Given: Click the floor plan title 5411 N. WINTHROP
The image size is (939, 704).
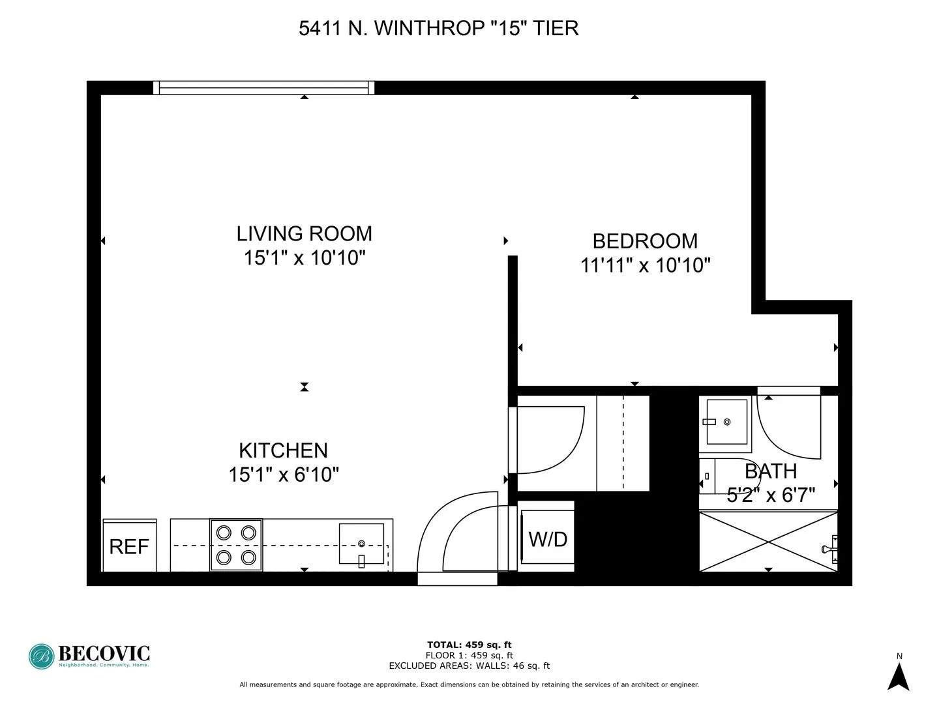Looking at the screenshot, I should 438,28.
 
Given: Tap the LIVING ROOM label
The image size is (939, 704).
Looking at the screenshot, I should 304,233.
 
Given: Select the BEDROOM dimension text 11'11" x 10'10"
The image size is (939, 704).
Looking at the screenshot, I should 645,265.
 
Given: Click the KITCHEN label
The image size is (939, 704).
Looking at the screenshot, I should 283,450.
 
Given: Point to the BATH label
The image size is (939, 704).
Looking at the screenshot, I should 771,471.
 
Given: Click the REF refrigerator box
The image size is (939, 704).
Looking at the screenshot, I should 129,546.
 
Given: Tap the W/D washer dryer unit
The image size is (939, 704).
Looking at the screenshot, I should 547,538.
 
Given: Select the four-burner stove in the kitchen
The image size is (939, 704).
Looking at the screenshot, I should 236,545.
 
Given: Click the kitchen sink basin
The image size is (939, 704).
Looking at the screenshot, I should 361,543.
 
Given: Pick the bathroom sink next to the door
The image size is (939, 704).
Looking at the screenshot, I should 726,422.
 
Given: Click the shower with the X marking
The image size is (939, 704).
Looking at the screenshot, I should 768,541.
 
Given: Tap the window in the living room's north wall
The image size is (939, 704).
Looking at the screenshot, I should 264,87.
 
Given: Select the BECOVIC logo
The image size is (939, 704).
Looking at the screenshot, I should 89,655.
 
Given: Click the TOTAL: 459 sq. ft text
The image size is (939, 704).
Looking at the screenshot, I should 469,645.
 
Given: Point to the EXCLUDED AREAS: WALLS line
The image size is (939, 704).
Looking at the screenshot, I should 469,666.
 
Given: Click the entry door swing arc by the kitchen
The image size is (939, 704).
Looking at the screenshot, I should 456,535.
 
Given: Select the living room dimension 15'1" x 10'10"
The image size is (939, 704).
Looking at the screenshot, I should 304,258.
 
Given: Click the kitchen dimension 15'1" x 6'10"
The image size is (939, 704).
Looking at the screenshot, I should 284,475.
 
